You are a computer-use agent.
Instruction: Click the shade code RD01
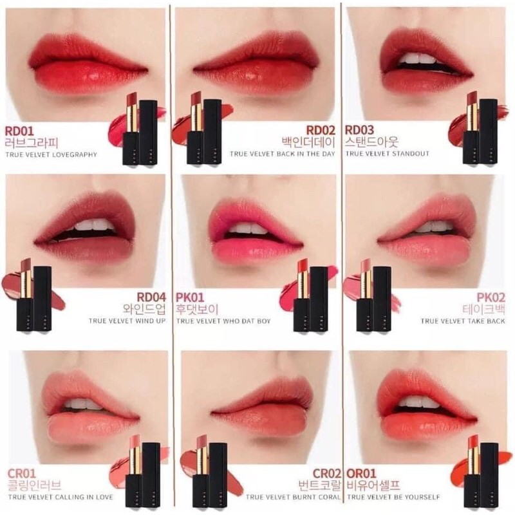coord(19,131)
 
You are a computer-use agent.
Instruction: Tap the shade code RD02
coord(321,131)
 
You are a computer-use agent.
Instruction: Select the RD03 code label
coord(359,131)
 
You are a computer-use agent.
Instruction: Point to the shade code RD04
coord(151,297)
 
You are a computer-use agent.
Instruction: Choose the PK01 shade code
coord(190,297)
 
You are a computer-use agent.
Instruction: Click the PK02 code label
coord(491,297)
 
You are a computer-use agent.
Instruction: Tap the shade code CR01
coord(21,474)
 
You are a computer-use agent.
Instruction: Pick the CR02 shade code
coord(327,474)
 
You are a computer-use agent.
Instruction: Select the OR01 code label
coord(361,474)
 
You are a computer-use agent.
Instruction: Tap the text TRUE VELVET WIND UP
coord(127,321)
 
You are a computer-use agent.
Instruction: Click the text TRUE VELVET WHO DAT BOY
coord(223,321)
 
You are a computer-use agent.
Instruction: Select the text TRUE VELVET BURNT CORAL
coord(294,497)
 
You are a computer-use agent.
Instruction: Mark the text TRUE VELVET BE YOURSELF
coord(393,497)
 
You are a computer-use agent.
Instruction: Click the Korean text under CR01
coord(34,485)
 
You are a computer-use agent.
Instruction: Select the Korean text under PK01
coord(197,310)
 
